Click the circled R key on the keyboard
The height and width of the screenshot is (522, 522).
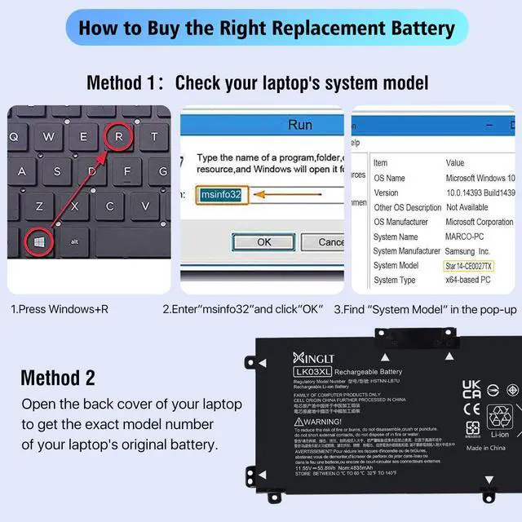(x=118, y=137)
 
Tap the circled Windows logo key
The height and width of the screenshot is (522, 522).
(x=38, y=241)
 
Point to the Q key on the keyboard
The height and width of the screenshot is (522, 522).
(x=15, y=137)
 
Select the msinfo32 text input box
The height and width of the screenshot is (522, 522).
(x=221, y=195)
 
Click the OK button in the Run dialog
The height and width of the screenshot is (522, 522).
(x=263, y=242)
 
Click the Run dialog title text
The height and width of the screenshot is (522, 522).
(x=299, y=125)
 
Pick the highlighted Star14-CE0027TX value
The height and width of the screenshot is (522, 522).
(x=480, y=266)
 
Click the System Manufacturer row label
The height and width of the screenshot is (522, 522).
(x=406, y=251)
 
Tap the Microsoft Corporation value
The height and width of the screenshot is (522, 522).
(x=480, y=222)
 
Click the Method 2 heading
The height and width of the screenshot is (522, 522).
(x=58, y=378)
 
